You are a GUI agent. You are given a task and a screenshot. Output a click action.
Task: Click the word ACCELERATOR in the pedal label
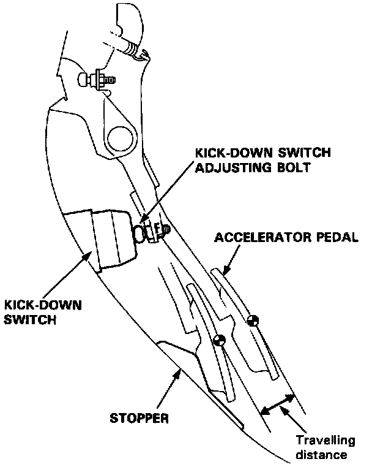coord(255,238)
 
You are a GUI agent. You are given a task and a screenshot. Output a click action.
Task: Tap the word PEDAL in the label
coord(333,238)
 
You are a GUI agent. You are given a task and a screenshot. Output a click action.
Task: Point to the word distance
coord(321,455)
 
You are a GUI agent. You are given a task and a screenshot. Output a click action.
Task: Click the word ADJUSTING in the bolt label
coord(228,167)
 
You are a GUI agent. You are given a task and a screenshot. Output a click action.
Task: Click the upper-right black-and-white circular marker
coord(253,319)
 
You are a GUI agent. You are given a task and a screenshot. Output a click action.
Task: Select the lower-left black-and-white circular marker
coord(220,341)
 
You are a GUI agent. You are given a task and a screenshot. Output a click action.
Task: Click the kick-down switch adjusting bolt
coord(147,232)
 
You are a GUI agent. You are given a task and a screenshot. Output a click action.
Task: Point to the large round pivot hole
coord(120,135)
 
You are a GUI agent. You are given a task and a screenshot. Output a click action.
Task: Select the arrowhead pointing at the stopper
coord(179,371)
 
